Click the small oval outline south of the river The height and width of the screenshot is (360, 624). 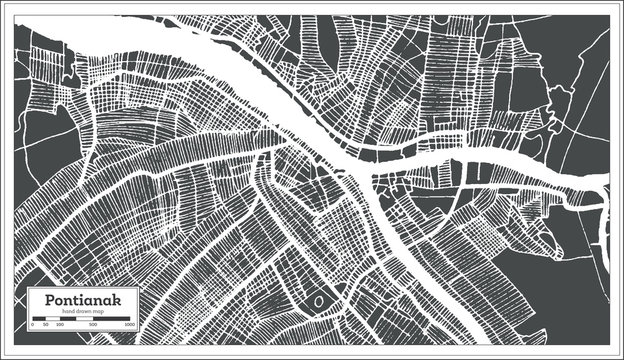click(319, 300)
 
